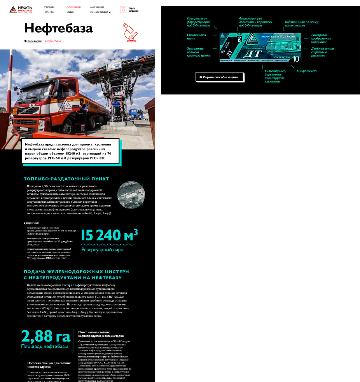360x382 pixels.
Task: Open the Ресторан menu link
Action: pyautogui.click(x=49, y=7)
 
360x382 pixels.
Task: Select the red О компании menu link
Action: pyautogui.click(x=74, y=7)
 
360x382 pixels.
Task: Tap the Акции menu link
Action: pyautogui.click(x=71, y=12)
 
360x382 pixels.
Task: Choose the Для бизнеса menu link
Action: pyautogui.click(x=97, y=7)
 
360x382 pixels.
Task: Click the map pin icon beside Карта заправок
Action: pyautogui.click(x=123, y=10)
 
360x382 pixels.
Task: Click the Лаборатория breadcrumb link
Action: pyautogui.click(x=33, y=41)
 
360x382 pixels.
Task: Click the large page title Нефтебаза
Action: pyautogui.click(x=58, y=28)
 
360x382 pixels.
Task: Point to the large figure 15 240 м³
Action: pyautogui.click(x=109, y=235)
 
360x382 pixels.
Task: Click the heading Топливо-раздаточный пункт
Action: pyautogui.click(x=66, y=179)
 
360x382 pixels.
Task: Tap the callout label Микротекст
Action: pyautogui.click(x=306, y=71)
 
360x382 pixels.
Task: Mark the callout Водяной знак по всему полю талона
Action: pyautogui.click(x=301, y=24)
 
